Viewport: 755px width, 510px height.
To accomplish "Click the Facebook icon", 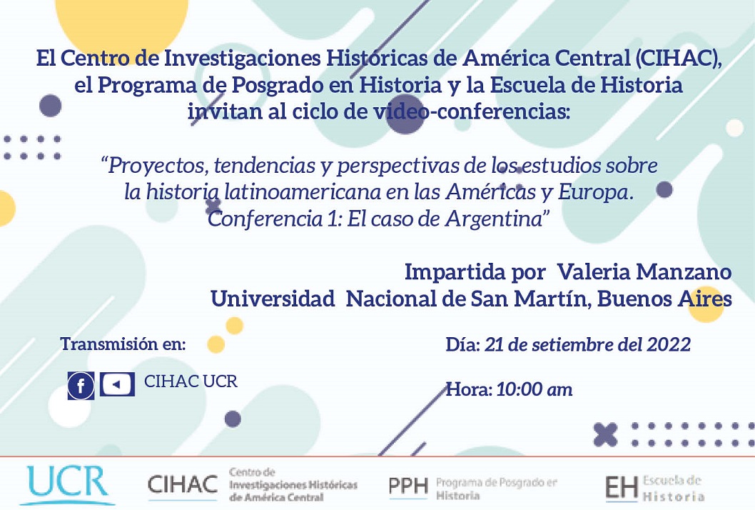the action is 81,386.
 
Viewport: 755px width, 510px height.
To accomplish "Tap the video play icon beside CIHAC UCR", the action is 117,385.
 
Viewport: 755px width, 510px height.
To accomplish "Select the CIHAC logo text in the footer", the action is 183,484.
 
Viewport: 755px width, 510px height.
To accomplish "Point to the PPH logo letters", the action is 408,486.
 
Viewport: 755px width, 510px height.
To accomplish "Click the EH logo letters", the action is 622,488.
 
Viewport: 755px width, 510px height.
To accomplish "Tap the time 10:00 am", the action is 534,389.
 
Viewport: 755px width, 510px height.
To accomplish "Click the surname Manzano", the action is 684,272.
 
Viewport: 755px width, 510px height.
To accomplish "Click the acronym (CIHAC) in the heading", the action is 678,59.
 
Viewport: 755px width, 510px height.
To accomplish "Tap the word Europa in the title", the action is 595,193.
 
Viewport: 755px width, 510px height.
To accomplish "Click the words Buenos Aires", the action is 664,299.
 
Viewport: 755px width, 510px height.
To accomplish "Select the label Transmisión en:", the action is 123,344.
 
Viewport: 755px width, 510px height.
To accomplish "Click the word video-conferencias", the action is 472,112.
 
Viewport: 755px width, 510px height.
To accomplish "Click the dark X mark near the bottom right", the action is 605,434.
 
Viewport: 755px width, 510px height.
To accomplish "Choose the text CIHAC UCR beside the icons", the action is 191,381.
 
